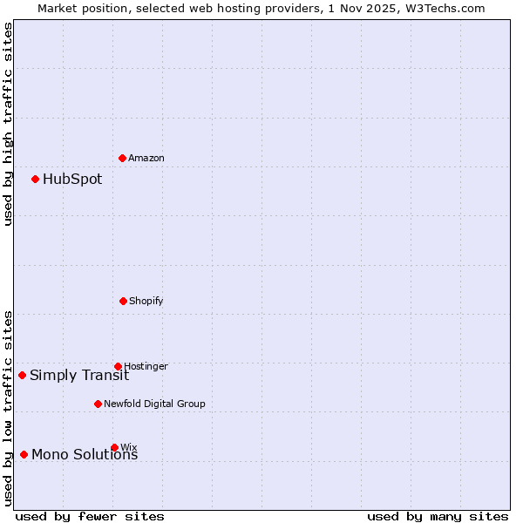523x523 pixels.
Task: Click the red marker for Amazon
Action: point(122,158)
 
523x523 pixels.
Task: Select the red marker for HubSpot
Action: point(35,179)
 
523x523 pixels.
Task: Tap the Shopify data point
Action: point(123,301)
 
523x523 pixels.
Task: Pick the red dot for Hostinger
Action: point(118,366)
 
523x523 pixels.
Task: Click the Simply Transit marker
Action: point(22,375)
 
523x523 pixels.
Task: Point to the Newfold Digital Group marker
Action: point(98,404)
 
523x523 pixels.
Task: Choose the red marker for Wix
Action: point(114,447)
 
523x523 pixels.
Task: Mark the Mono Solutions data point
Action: point(24,454)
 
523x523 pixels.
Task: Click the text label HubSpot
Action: point(72,180)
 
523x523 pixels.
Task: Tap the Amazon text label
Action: point(146,159)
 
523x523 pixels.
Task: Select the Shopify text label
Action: point(146,302)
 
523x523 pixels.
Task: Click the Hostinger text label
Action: point(146,367)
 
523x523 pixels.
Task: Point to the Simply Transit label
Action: point(79,376)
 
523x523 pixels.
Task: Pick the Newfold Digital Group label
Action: point(155,404)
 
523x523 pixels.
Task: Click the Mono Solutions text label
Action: point(85,455)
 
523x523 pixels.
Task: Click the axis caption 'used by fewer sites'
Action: point(90,516)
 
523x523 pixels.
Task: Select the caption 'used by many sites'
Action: point(438,516)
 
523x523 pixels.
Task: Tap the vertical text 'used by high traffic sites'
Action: point(8,124)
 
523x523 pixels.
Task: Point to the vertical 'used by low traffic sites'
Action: point(8,408)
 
